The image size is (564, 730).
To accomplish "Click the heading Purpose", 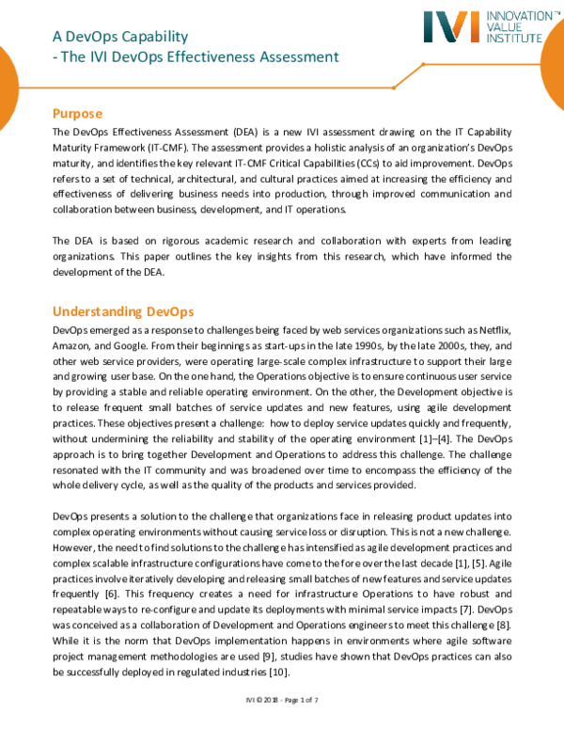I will [84, 113].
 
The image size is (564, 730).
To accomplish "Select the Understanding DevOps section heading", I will [122, 310].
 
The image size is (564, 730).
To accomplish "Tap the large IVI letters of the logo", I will [437, 28].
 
